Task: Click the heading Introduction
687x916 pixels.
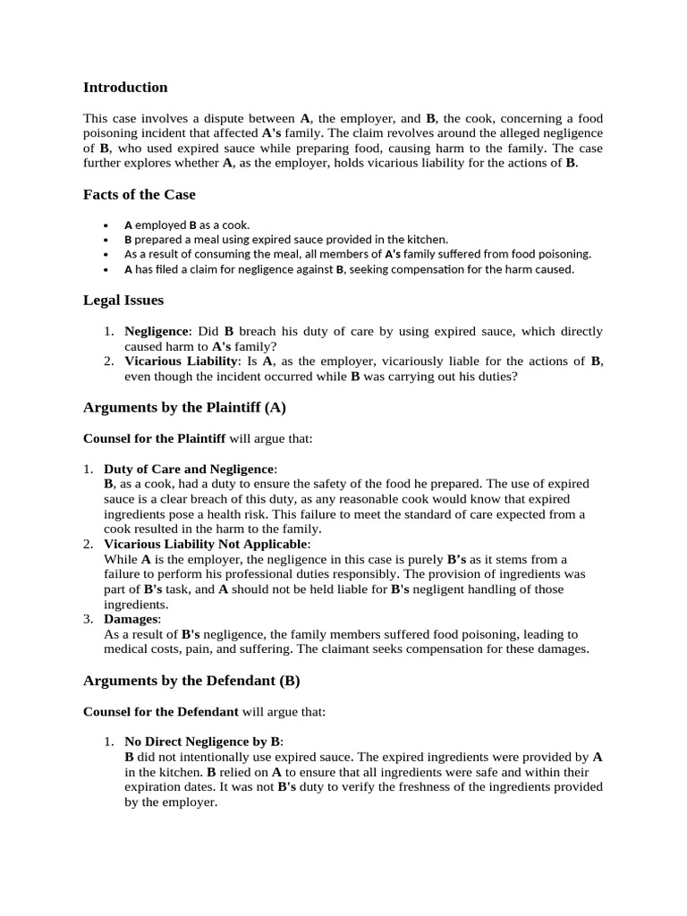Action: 125,88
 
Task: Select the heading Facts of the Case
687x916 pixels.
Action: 139,194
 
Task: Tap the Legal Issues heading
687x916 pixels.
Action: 123,300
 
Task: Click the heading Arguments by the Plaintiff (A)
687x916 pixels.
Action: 184,407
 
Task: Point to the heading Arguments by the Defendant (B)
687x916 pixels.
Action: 191,681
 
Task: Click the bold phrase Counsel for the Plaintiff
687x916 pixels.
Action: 154,438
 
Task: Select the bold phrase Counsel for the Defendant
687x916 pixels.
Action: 160,712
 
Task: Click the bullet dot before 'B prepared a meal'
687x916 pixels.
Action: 106,240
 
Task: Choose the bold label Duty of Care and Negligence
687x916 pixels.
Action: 189,470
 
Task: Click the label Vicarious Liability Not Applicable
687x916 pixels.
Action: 207,544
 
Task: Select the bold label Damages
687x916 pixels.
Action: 131,619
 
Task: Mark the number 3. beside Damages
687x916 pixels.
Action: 88,619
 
